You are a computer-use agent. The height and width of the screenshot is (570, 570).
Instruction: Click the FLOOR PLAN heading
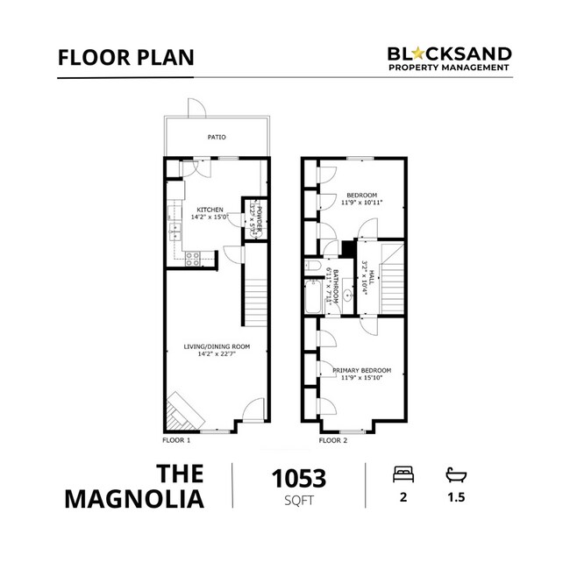pos(126,58)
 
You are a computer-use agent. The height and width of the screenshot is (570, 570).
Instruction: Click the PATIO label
pos(216,138)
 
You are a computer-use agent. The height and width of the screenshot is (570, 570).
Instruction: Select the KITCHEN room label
pos(210,210)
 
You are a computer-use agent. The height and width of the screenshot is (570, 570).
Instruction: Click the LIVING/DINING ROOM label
pos(217,346)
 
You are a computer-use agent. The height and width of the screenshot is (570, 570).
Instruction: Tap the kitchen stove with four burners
pos(193,257)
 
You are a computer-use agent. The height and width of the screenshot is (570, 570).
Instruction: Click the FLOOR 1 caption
pos(177,439)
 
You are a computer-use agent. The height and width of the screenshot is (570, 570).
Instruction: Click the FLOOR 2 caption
pos(334,439)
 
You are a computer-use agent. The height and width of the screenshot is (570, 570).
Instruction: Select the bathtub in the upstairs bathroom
pos(313,298)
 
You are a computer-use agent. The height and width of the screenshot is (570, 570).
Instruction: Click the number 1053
pos(298,479)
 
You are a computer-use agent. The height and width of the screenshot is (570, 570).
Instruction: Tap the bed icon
pos(404,474)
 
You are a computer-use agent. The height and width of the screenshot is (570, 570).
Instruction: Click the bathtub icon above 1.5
pos(456,474)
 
